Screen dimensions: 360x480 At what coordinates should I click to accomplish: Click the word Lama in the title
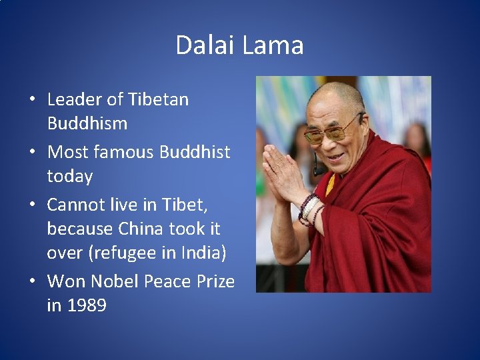click(x=273, y=45)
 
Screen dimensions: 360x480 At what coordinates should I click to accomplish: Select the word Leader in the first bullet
click(x=75, y=99)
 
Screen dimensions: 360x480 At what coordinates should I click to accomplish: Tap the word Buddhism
click(x=87, y=124)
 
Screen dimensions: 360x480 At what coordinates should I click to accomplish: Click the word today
click(x=70, y=177)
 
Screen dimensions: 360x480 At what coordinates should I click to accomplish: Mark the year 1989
click(x=87, y=306)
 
